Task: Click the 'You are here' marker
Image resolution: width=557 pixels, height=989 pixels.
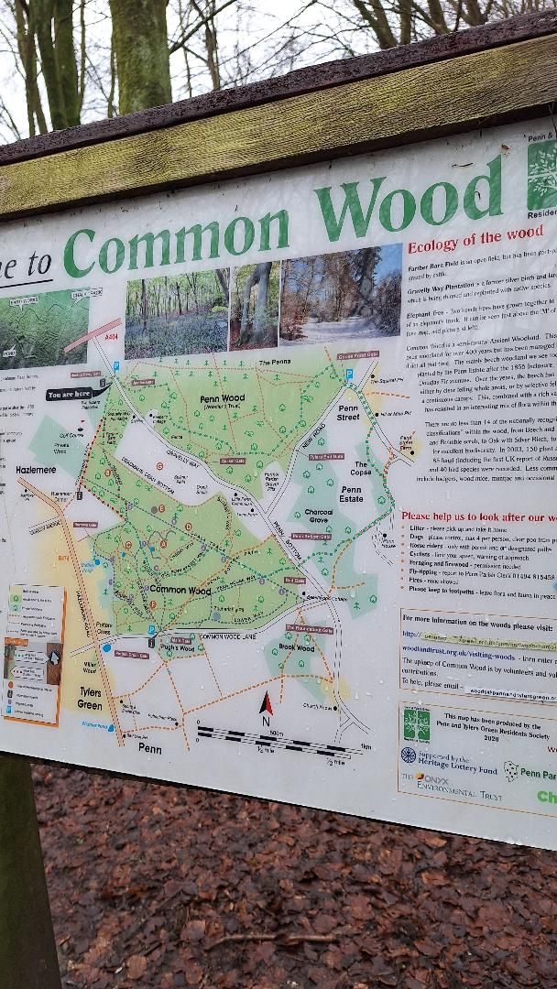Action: point(71,396)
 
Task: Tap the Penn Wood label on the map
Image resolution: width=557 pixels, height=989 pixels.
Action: point(222,400)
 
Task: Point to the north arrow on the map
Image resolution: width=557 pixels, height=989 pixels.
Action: point(267,704)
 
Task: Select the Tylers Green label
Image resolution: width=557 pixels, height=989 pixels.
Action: point(90,699)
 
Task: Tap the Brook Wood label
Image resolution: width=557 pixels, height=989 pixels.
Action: point(296,648)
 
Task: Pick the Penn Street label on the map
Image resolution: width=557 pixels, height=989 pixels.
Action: point(348,413)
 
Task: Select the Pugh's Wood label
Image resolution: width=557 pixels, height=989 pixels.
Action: point(177,647)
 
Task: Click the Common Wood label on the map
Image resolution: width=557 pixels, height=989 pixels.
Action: point(180,590)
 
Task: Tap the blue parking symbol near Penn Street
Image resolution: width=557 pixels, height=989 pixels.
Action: point(349,374)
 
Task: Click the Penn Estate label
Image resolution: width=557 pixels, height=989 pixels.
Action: point(352,494)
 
